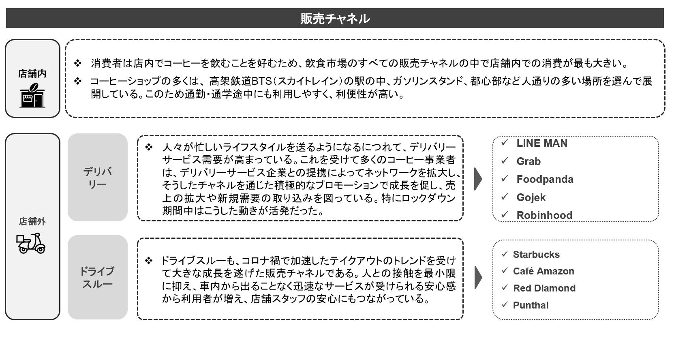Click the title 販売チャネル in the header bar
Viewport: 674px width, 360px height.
(x=335, y=19)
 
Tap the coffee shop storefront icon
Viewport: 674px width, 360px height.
(x=32, y=95)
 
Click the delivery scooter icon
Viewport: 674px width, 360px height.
(x=30, y=243)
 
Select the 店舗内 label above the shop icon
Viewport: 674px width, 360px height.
(x=32, y=73)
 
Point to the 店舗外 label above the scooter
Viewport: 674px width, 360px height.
(x=32, y=221)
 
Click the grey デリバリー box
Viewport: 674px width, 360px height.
(x=98, y=177)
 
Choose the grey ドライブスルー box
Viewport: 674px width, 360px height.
(x=98, y=277)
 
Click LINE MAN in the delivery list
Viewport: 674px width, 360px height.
(x=541, y=143)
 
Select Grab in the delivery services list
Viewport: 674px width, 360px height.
(x=529, y=161)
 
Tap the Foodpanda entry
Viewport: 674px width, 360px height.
(x=545, y=179)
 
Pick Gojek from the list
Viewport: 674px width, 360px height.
(x=531, y=197)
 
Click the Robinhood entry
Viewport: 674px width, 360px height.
(x=544, y=215)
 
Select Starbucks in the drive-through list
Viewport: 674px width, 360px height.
(x=536, y=254)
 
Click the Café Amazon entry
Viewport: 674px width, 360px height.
(x=543, y=271)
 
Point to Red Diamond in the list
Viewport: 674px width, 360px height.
(x=544, y=288)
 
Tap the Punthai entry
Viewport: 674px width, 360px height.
(x=531, y=305)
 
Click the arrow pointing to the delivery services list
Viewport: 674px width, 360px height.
(x=478, y=179)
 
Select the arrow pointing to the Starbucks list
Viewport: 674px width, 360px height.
(x=478, y=277)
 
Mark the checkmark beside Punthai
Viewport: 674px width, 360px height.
(x=505, y=304)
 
